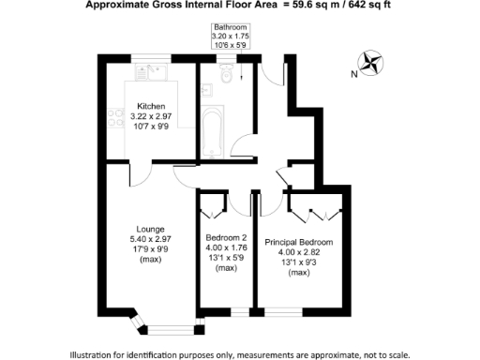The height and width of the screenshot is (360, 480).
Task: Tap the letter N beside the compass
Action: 352,73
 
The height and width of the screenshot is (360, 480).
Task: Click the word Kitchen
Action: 152,105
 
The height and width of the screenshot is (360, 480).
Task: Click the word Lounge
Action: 150,229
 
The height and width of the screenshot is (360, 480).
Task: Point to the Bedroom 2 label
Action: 226,238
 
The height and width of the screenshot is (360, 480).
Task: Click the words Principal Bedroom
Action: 299,242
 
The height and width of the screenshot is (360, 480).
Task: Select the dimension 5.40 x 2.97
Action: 150,239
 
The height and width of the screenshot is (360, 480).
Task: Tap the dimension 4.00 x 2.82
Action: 299,252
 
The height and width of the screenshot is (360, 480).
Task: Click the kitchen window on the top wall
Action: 150,59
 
